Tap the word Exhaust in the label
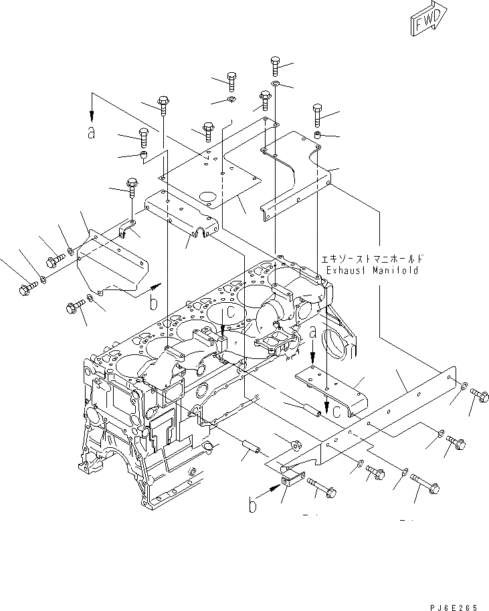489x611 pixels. point(345,271)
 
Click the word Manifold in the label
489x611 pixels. point(395,271)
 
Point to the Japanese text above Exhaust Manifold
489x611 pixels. point(369,259)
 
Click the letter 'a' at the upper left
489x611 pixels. point(92,132)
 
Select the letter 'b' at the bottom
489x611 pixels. point(253,506)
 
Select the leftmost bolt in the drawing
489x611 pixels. point(25,289)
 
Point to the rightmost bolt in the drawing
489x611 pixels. point(480,395)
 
